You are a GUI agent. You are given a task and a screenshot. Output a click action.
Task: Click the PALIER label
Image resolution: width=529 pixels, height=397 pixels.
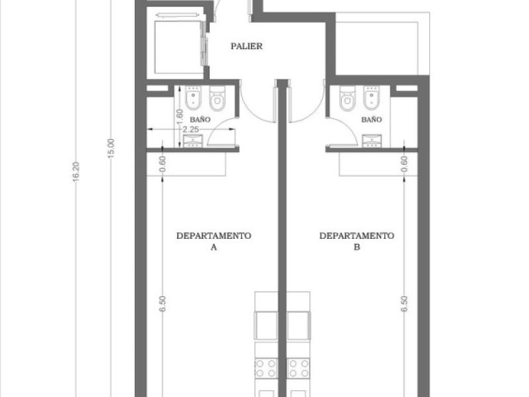click(x=247, y=46)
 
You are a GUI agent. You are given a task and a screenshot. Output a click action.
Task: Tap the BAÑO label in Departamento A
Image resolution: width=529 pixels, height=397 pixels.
click(x=200, y=120)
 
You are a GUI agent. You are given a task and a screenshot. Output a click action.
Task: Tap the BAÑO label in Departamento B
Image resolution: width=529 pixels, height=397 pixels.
click(x=372, y=120)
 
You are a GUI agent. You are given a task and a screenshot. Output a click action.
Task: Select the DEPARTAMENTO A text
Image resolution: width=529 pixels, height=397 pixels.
click(x=214, y=241)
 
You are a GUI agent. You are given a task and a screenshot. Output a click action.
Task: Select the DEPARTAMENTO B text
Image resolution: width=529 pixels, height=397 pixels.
click(x=357, y=241)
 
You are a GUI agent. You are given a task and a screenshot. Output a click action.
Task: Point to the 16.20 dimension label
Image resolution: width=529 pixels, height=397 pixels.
click(x=76, y=172)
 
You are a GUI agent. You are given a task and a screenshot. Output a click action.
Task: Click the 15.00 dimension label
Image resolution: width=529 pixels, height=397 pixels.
click(x=111, y=148)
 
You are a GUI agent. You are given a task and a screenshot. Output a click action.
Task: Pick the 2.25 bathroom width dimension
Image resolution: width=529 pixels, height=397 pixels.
click(x=190, y=130)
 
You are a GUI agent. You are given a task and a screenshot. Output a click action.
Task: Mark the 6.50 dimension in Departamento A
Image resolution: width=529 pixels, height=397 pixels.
click(x=163, y=304)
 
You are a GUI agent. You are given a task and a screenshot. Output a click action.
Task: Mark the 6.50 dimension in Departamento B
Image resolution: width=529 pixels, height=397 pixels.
click(x=405, y=304)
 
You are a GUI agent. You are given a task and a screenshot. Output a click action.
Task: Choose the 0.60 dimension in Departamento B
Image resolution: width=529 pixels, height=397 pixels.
click(x=405, y=163)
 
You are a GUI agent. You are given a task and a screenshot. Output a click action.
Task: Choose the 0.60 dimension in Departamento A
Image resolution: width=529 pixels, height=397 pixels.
click(x=163, y=163)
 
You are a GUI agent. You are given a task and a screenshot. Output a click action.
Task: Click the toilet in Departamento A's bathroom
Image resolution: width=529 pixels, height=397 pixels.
click(x=217, y=98)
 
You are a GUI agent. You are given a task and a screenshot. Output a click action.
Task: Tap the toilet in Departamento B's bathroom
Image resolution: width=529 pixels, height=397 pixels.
click(x=347, y=98)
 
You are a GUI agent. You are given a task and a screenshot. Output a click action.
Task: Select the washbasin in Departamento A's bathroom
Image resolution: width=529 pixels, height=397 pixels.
click(x=193, y=141)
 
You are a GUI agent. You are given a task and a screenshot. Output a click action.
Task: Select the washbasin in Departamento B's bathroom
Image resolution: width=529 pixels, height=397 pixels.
click(x=372, y=141)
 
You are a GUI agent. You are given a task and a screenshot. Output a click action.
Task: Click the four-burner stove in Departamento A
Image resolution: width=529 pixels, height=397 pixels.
click(x=266, y=368)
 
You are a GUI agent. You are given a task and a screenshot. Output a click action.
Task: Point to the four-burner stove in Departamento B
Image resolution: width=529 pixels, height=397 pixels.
click(x=299, y=368)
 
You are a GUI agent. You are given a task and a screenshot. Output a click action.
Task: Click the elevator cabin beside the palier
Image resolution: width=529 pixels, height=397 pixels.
click(x=179, y=47)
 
